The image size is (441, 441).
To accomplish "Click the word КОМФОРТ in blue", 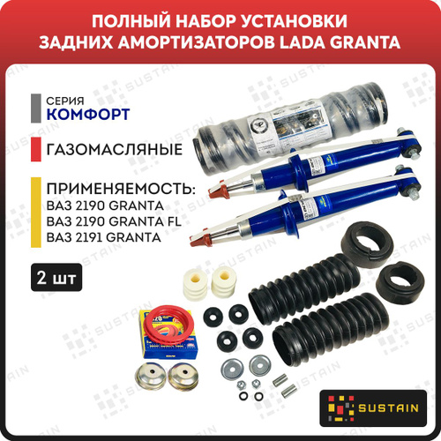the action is (88, 115).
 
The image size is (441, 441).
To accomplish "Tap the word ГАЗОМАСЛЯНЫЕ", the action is (115, 149).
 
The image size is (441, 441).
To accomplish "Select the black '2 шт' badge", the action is (56, 277).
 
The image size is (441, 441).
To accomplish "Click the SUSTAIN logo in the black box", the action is (373, 408).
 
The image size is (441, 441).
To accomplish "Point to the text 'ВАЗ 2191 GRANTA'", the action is (104, 237).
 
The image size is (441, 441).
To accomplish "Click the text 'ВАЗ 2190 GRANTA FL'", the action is (114, 221).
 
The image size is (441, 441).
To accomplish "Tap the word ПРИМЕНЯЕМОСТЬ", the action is (121, 189).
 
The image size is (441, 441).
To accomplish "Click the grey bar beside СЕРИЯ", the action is (36, 108).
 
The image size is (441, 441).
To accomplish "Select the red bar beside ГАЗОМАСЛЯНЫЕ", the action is (36, 149).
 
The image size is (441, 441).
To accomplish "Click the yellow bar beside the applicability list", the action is (36, 213).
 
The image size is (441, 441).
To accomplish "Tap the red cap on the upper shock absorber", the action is (218, 189).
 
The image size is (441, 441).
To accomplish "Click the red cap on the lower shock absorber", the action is (200, 240).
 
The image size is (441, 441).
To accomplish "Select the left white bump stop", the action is (195, 284).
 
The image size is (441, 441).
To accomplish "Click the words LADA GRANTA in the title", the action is (340, 42).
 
